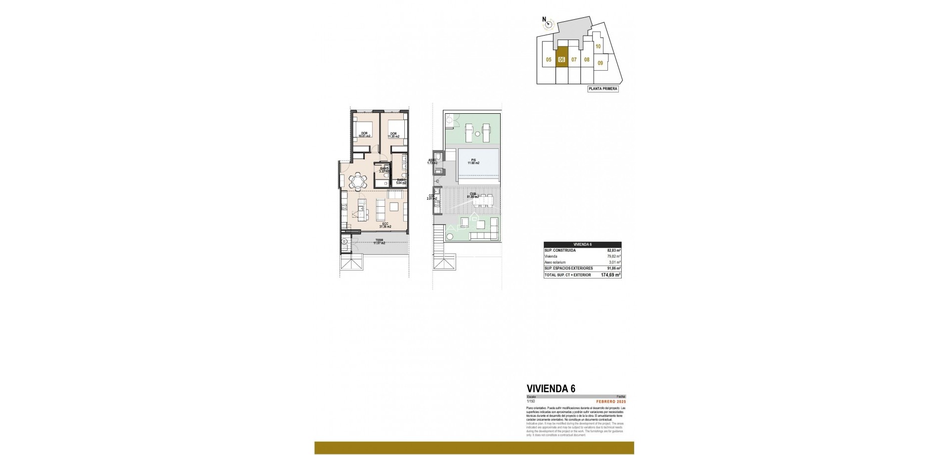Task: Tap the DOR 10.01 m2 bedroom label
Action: [x=364, y=134]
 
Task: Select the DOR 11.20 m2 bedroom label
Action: [x=394, y=134]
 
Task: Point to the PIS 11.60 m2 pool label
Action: [x=473, y=161]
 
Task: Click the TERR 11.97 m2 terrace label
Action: [x=379, y=242]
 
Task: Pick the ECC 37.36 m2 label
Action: [x=385, y=225]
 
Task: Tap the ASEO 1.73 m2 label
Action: [x=432, y=161]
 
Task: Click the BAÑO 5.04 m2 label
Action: [x=401, y=182]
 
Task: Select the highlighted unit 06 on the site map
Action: [x=561, y=59]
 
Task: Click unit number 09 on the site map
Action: [x=600, y=63]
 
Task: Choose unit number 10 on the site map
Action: [x=598, y=46]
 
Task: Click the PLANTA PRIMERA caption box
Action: [x=603, y=89]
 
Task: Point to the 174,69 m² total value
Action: [x=610, y=274]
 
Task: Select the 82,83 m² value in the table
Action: [x=613, y=251]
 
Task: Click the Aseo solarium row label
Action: [x=556, y=262]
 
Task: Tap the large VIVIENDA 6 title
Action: [x=551, y=388]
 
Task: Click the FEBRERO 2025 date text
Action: [x=610, y=401]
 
